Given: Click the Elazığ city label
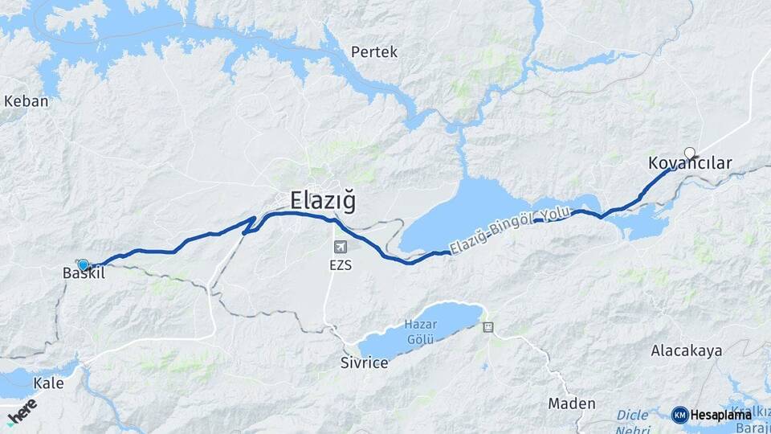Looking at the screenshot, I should point(323,199).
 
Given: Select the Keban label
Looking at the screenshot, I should point(27,101).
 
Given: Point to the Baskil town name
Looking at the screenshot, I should point(84,274).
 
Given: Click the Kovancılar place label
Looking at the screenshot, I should point(690,164).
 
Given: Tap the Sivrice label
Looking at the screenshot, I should point(364,362).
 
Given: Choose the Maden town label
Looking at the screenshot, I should point(572,403).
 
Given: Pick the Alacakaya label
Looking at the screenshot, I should point(687,350).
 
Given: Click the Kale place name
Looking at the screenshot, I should point(49,383).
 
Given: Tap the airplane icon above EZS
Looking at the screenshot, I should point(341,246).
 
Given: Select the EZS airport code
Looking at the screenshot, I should point(341,264).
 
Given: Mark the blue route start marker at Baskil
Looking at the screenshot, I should point(83,264).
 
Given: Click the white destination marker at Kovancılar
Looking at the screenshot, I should point(689,152).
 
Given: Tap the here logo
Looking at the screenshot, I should point(21,411).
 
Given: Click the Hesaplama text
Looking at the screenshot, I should point(721,415).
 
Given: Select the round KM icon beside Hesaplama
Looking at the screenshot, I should point(679,415).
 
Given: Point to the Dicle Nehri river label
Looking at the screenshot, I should point(633,421).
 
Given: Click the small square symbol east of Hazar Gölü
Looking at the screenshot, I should point(487,327).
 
